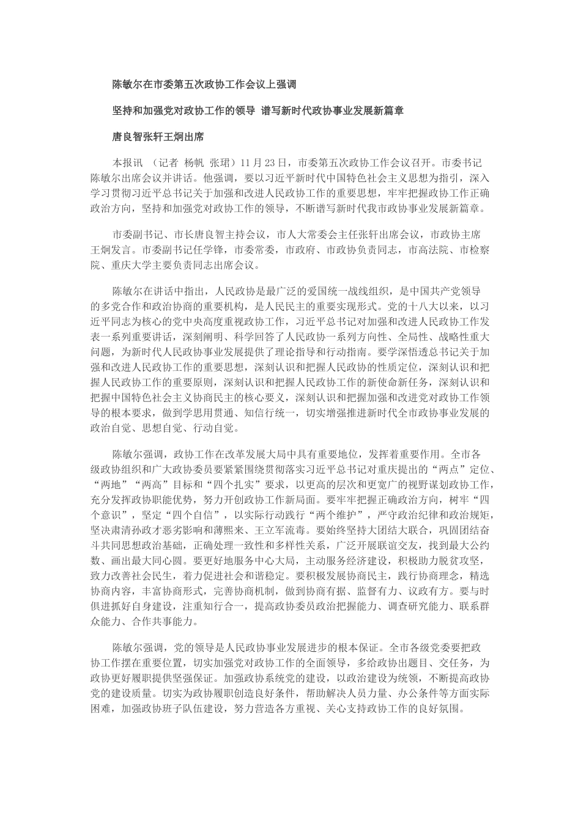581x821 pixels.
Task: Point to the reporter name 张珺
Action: (220, 164)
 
